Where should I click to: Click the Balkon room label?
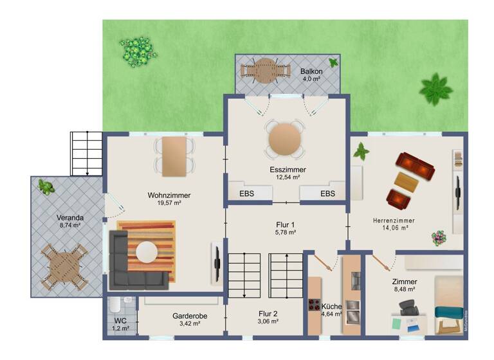point(311,70)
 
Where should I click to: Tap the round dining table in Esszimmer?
point(284,139)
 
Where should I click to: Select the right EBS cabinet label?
point(327,194)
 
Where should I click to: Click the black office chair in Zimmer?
point(409,310)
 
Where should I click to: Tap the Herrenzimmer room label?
point(394,221)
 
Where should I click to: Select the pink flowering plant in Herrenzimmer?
point(439,237)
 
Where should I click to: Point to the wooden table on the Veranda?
point(62,265)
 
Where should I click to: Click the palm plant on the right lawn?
point(436,89)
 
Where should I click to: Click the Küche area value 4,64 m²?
point(332,314)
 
